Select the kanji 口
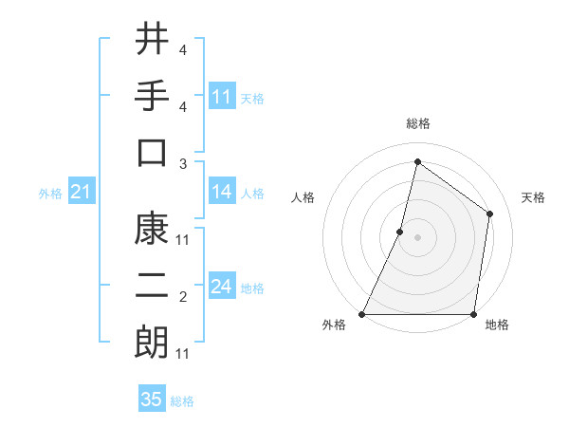(152, 152)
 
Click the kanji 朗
(152, 342)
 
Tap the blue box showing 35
(152, 400)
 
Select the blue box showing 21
(82, 193)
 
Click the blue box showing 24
(222, 287)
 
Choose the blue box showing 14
(222, 192)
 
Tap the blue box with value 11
(222, 97)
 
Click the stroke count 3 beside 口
(182, 163)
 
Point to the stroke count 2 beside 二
(182, 297)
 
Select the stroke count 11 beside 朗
(183, 354)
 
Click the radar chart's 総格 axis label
(417, 123)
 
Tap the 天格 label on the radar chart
(534, 197)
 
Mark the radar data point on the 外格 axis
(362, 314)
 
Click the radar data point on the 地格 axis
(472, 314)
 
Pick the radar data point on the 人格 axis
(400, 232)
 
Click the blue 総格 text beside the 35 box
(182, 401)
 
